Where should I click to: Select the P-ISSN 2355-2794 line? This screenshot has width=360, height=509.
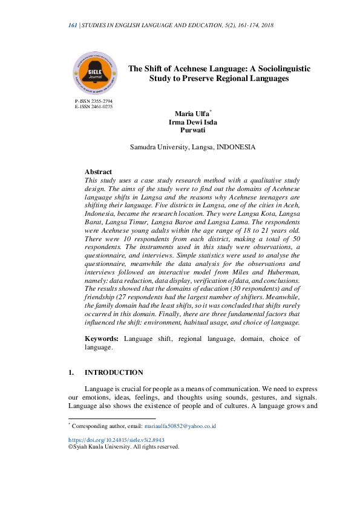pos(94,101)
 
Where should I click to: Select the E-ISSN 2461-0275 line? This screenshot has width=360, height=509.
pos(94,106)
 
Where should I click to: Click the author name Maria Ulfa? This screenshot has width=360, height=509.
pos(191,114)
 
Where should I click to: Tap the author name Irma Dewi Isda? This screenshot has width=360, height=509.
pos(193,122)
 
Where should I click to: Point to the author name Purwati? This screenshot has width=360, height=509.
pos(193,129)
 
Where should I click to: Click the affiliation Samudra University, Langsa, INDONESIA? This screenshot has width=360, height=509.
pos(192,147)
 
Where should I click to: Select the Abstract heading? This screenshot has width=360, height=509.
pos(98,172)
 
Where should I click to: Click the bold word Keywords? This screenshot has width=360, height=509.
pos(101,339)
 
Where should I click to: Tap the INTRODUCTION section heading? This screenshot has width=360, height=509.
pos(114,372)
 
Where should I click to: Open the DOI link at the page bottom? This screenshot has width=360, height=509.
pos(116,441)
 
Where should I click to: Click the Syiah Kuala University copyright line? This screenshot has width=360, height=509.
pos(124,447)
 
